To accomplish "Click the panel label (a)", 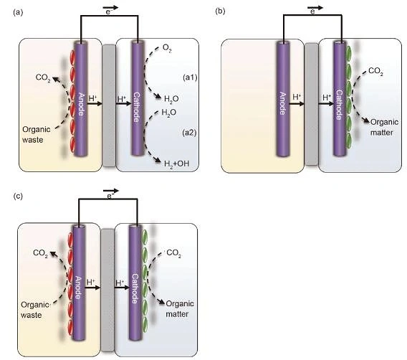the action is coord(18,12).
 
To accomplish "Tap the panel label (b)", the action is coord(221,11).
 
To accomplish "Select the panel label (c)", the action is coord(18,196).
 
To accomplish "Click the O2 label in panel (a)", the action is coord(167,48).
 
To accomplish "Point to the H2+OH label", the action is coord(176,164).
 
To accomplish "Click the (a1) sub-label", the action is coord(190,77).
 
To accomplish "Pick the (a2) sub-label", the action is coord(189,133).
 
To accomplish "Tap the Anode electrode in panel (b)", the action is coord(283,99).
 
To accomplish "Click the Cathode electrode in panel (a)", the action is coord(138,98).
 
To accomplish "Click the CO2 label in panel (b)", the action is coord(375,71).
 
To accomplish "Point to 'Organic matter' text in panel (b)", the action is coord(384,127).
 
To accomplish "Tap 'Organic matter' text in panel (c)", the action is coord(180,309).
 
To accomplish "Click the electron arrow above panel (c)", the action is coord(111,191).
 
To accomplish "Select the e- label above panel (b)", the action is coord(313,11).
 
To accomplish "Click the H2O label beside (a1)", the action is coord(171,99).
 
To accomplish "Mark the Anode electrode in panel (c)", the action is coord(79,283).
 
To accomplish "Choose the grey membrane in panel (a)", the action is coord(109,105).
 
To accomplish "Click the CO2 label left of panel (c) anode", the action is coord(41,253).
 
